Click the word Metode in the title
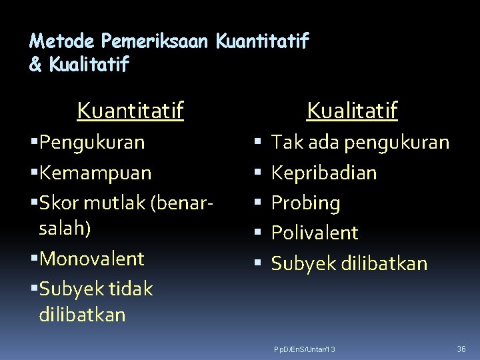pos(63,42)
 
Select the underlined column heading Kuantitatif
pos(130,110)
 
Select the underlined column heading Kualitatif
pos(352,110)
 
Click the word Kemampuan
pos(95,173)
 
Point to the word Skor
pos(59,203)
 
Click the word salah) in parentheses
pos(65,228)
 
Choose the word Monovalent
pos(91,258)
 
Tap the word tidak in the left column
pos(129,289)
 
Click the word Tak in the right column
pos(287,143)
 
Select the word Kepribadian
pos(324,173)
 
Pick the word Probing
pos(305,203)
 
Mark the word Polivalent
pos(315,233)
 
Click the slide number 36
pos(461,349)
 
